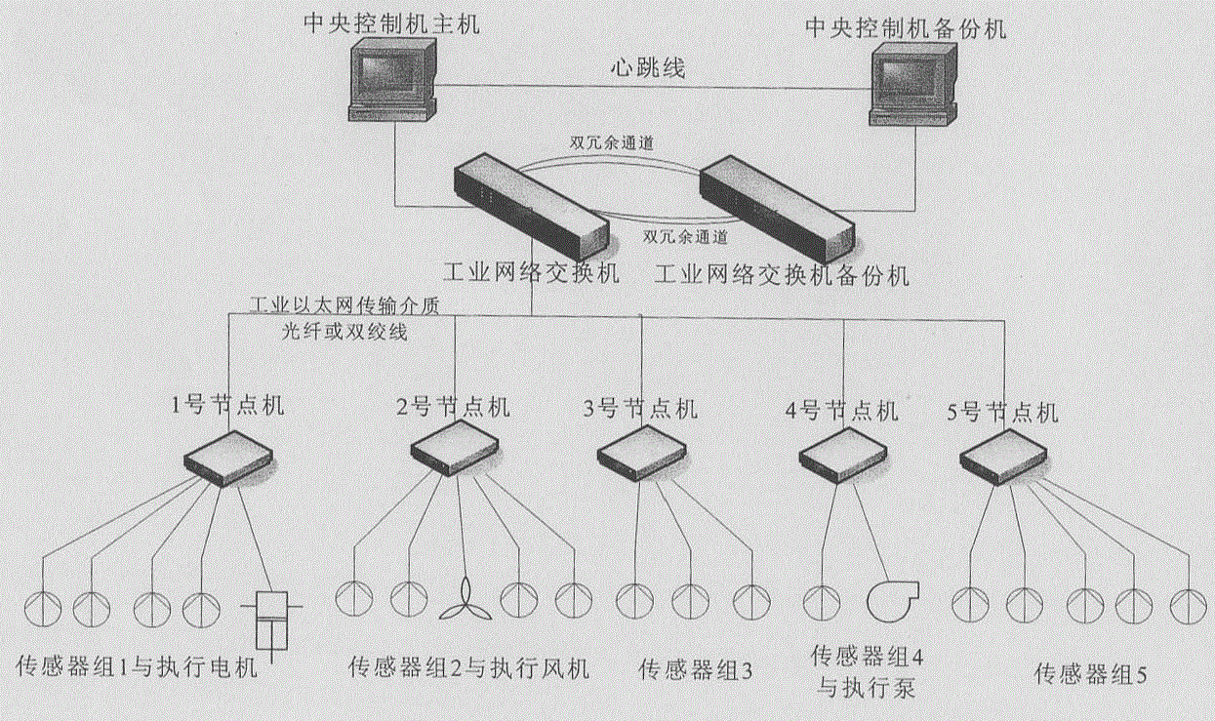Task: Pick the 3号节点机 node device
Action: click(641, 454)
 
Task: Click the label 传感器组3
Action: click(697, 670)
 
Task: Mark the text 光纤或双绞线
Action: click(342, 331)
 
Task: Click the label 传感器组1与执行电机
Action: click(137, 668)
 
